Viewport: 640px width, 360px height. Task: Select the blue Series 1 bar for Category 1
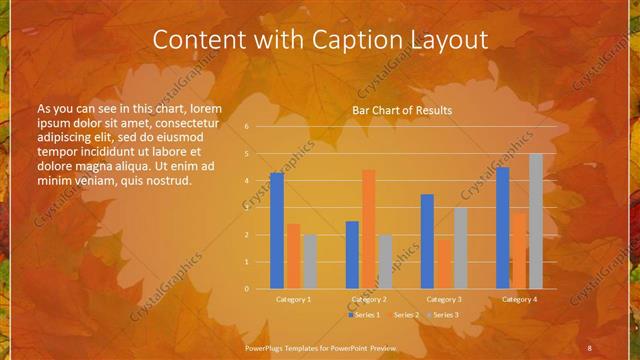point(277,231)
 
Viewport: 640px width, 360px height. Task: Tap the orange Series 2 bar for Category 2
point(369,229)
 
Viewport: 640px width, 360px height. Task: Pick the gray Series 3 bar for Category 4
point(536,221)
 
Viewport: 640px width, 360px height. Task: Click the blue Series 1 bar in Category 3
point(427,241)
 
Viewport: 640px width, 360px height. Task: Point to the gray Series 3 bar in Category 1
point(310,262)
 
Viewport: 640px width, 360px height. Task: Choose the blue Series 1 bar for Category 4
point(503,228)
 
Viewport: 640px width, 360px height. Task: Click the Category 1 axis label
point(293,299)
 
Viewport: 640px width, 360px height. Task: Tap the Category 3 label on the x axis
point(444,299)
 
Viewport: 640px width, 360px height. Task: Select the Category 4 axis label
point(519,299)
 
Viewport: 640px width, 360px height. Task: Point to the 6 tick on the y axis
point(246,127)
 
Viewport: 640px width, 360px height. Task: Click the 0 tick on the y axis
point(246,289)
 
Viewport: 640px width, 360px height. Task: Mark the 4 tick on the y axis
point(246,181)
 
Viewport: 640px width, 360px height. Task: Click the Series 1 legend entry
point(366,315)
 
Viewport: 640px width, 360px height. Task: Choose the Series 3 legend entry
point(444,315)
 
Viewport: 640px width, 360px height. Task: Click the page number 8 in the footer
point(589,347)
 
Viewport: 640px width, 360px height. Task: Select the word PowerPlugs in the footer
point(266,347)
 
